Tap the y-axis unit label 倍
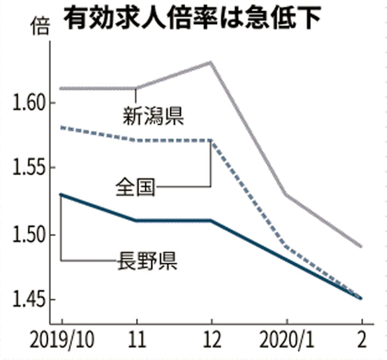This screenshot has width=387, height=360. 40,27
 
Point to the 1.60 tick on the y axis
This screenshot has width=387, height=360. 28,103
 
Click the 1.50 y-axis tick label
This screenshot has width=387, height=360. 28,235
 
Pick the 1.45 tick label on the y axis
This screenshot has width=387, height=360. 28,300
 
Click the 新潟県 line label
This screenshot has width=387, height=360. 153,116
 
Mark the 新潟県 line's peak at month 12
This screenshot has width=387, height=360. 211,62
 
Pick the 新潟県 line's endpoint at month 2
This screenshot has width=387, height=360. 361,247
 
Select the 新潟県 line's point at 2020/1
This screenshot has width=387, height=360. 286,195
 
